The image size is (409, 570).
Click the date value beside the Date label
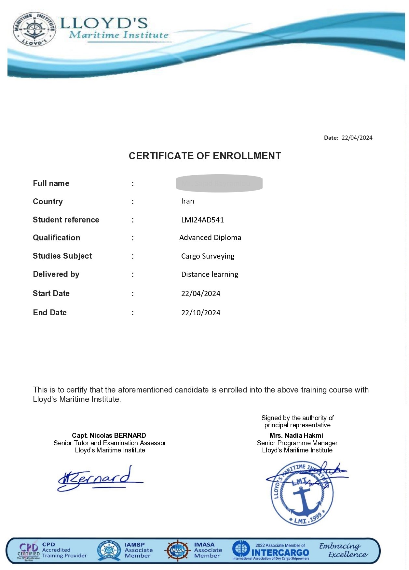pyautogui.click(x=357, y=138)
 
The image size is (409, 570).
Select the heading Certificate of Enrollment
pyautogui.click(x=205, y=156)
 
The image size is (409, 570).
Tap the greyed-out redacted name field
pyautogui.click(x=219, y=183)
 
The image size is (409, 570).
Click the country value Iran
pyautogui.click(x=187, y=201)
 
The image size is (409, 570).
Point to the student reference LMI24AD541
pyautogui.click(x=202, y=220)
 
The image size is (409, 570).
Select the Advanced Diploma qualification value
pyautogui.click(x=210, y=238)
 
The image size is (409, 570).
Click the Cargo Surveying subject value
pyautogui.click(x=208, y=256)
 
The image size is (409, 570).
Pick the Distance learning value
pyautogui.click(x=210, y=275)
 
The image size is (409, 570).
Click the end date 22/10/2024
pyautogui.click(x=200, y=313)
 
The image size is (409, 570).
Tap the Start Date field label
pyautogui.click(x=51, y=293)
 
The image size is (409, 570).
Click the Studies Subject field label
pyautogui.click(x=62, y=256)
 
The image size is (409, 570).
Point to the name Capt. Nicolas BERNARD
pyautogui.click(x=109, y=435)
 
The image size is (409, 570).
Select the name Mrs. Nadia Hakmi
pyautogui.click(x=296, y=435)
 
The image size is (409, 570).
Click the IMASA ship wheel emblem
pyautogui.click(x=177, y=551)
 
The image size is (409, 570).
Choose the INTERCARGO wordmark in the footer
pyautogui.click(x=280, y=553)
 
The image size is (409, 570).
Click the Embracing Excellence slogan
pyautogui.click(x=343, y=550)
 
